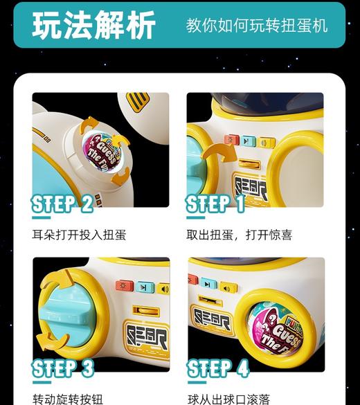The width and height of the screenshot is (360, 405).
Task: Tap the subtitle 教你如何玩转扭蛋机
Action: pyautogui.click(x=257, y=26)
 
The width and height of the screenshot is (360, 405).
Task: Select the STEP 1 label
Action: pyautogui.click(x=216, y=204)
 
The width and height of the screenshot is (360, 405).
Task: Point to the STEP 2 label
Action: pyautogui.click(x=62, y=204)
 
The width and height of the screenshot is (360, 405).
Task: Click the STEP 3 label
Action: pyautogui.click(x=62, y=368)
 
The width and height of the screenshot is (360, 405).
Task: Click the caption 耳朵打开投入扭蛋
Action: pyautogui.click(x=80, y=235)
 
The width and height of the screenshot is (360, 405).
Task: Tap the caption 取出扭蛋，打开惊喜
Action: pyautogui.click(x=240, y=235)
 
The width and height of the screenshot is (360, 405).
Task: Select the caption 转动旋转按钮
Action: pyautogui.click(x=68, y=399)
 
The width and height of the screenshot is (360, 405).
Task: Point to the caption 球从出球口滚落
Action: pyautogui.click(x=229, y=399)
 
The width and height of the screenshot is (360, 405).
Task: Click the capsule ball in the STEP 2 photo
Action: pyautogui.click(x=101, y=151)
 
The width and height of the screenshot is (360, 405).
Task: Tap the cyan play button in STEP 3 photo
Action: pyautogui.click(x=144, y=287)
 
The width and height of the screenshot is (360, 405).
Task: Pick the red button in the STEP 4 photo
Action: pyautogui.click(x=193, y=280)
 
